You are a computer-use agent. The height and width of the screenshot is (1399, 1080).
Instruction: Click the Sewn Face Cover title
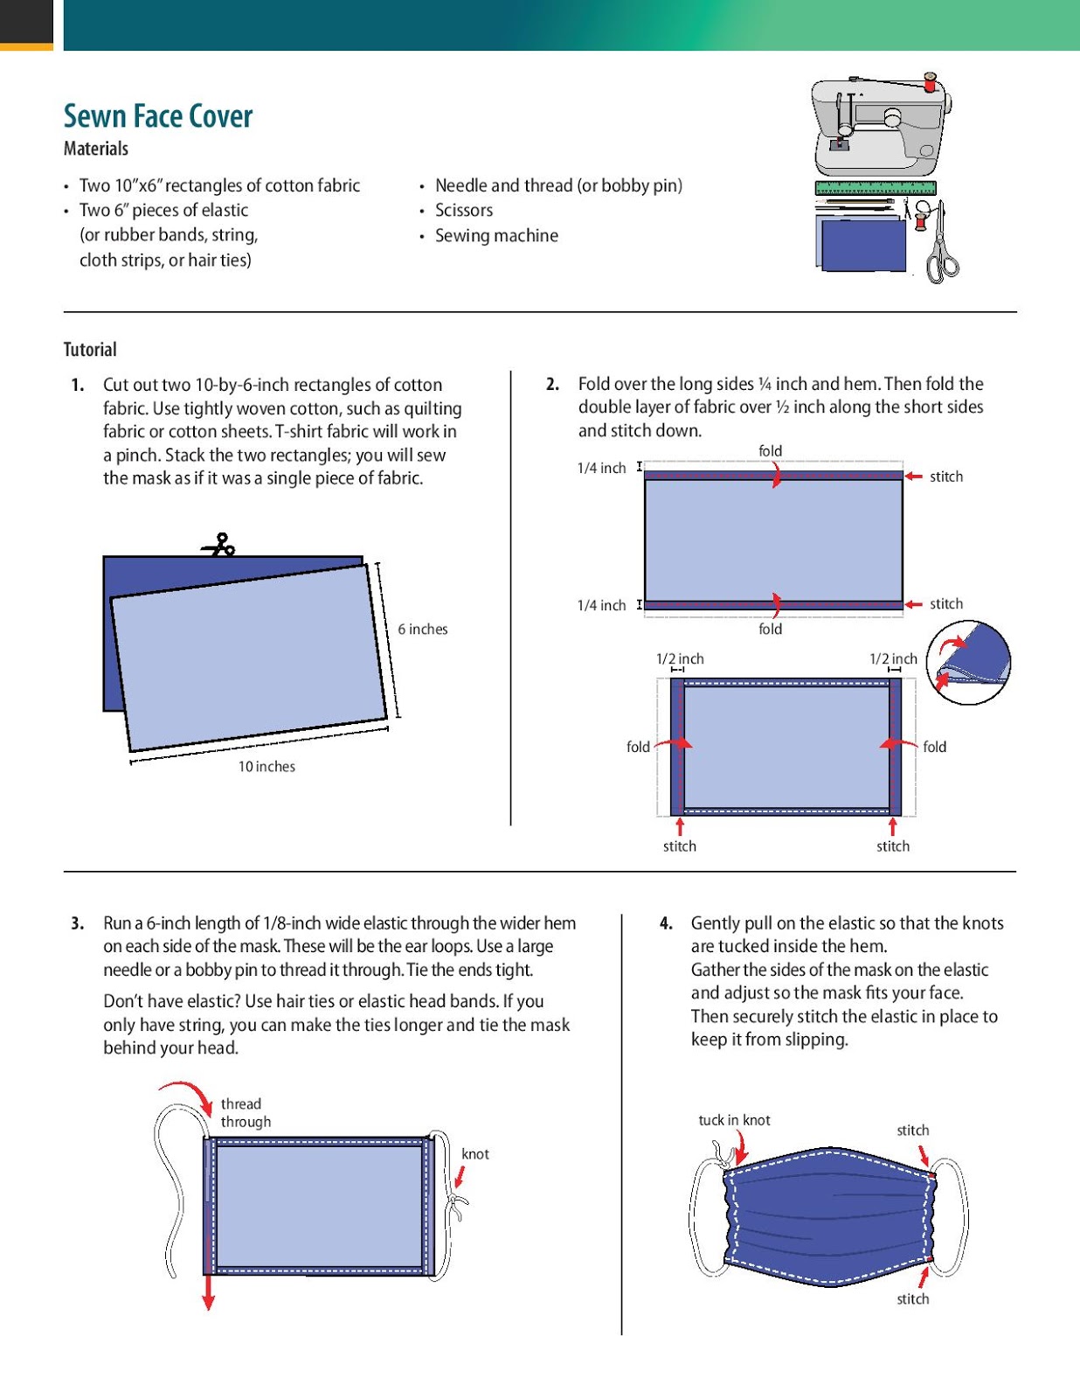pyautogui.click(x=158, y=116)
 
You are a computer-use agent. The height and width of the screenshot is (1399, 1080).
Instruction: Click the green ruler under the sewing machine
pyautogui.click(x=875, y=187)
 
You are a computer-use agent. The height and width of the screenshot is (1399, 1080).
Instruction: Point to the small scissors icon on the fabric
pyautogui.click(x=219, y=546)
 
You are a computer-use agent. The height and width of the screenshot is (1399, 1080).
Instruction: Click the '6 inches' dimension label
pyautogui.click(x=422, y=630)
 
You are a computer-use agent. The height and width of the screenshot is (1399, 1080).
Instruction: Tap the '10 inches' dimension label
pyautogui.click(x=267, y=767)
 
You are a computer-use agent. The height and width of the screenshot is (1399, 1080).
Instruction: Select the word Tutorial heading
pyautogui.click(x=90, y=350)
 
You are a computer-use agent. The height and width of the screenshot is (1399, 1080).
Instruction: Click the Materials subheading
pyautogui.click(x=96, y=149)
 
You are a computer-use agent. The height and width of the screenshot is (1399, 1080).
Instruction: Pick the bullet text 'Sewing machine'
pyautogui.click(x=496, y=236)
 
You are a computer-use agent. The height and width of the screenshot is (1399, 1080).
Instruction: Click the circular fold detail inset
pyautogui.click(x=968, y=662)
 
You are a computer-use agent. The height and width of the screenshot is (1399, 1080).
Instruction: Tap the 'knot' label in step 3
pyautogui.click(x=475, y=1154)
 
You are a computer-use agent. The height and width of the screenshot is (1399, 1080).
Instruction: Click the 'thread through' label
pyautogui.click(x=246, y=1113)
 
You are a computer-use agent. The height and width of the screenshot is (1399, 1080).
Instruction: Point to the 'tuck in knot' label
pyautogui.click(x=734, y=1120)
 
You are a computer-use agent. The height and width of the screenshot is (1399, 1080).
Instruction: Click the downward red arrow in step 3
pyautogui.click(x=208, y=1291)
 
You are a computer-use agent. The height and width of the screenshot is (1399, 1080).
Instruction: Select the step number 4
pyautogui.click(x=666, y=923)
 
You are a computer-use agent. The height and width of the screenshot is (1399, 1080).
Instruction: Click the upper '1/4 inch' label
pyautogui.click(x=601, y=469)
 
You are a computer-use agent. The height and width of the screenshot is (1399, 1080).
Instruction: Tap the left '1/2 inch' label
pyautogui.click(x=680, y=659)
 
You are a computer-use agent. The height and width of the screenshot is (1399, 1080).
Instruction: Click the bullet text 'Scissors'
pyautogui.click(x=464, y=211)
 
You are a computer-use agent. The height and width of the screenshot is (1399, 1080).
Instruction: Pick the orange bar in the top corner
pyautogui.click(x=26, y=46)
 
